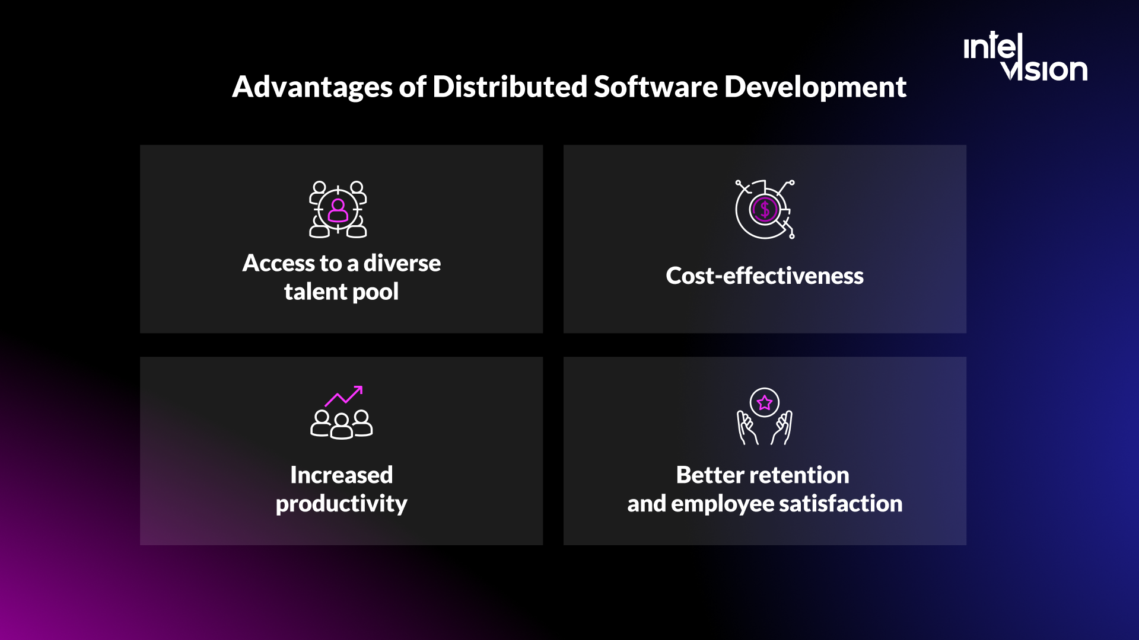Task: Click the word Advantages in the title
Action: (x=312, y=87)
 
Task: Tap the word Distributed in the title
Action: (x=510, y=87)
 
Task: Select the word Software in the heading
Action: (x=656, y=87)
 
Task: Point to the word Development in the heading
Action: (x=815, y=87)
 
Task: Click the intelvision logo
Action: (x=1025, y=57)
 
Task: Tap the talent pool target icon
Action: (x=338, y=209)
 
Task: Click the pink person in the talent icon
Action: (x=338, y=210)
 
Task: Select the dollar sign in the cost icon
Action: (x=765, y=209)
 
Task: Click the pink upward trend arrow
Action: (x=344, y=396)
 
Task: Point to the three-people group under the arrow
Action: (x=342, y=424)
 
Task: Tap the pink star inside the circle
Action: (x=765, y=403)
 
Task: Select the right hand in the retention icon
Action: (x=782, y=428)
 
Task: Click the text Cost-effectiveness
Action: (x=765, y=276)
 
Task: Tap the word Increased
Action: (x=342, y=475)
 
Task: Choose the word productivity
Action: (x=342, y=504)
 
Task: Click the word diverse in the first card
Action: (x=402, y=263)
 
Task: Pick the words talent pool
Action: (x=342, y=292)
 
